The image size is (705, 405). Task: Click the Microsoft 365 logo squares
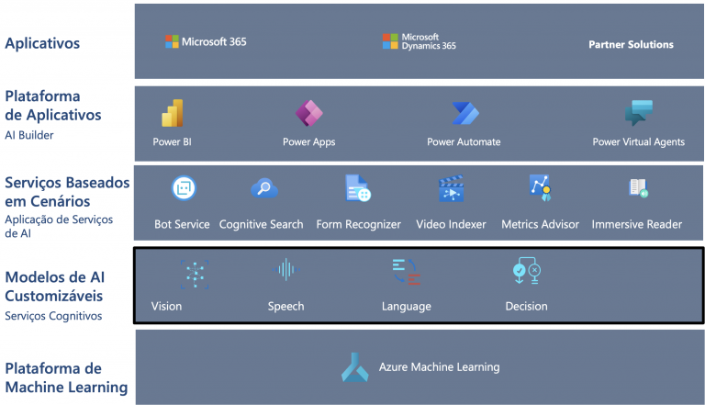pos(172,41)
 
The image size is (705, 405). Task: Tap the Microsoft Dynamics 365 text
pos(429,41)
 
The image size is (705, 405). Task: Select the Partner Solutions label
pos(631,44)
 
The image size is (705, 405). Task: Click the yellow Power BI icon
pos(173,113)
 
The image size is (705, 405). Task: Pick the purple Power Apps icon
pos(308,113)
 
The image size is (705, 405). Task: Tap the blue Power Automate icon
pos(465,113)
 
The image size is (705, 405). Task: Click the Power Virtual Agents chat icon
pos(639,112)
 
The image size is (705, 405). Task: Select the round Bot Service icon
pos(184,187)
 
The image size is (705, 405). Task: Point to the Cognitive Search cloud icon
pos(264,188)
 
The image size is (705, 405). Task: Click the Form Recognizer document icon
pos(358,188)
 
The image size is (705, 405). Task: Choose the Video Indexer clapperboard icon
pos(451,188)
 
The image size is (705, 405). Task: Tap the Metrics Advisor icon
pos(540,187)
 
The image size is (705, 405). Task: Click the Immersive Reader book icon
pos(639,188)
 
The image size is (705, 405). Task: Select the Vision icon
pos(195,274)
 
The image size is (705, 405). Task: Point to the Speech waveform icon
pos(286,270)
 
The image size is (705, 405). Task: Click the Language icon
pos(407,272)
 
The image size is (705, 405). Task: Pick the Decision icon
pos(527,270)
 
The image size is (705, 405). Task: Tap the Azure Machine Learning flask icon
pos(354,367)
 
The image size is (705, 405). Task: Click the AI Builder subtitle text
pos(29,135)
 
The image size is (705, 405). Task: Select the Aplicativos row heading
pos(42,44)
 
